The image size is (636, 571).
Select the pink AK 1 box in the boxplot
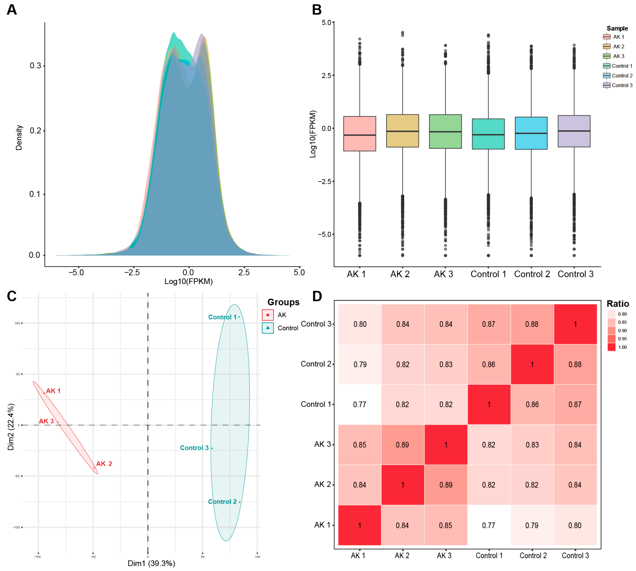point(360,134)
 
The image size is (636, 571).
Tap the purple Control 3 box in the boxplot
point(574,131)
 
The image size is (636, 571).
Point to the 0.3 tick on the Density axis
point(35,66)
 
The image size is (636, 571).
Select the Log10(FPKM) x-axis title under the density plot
point(189,281)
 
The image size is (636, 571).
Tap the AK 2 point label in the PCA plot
point(104,464)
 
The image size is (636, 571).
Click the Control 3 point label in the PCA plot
point(194,448)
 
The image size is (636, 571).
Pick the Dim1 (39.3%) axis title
point(151,563)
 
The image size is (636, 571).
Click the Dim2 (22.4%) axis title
point(11,427)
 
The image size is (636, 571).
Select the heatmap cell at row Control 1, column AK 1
point(360,404)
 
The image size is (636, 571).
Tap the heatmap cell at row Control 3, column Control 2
point(532,324)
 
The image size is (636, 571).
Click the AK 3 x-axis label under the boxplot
point(443,274)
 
